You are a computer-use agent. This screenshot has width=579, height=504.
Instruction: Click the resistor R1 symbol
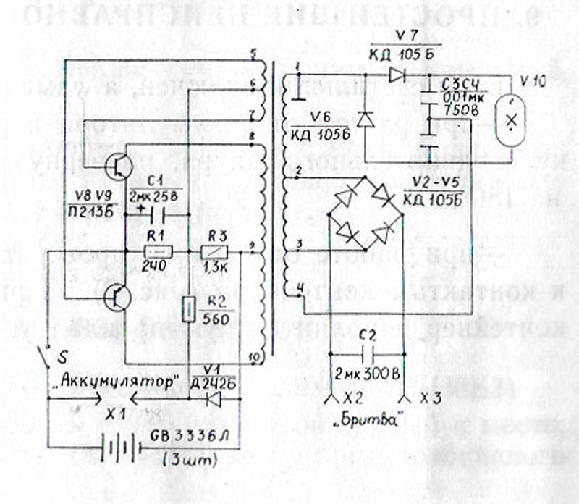[x=158, y=252]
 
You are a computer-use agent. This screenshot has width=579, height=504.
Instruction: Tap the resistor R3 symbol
[x=215, y=252]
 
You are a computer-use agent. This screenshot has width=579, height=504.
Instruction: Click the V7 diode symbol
[x=395, y=74]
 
